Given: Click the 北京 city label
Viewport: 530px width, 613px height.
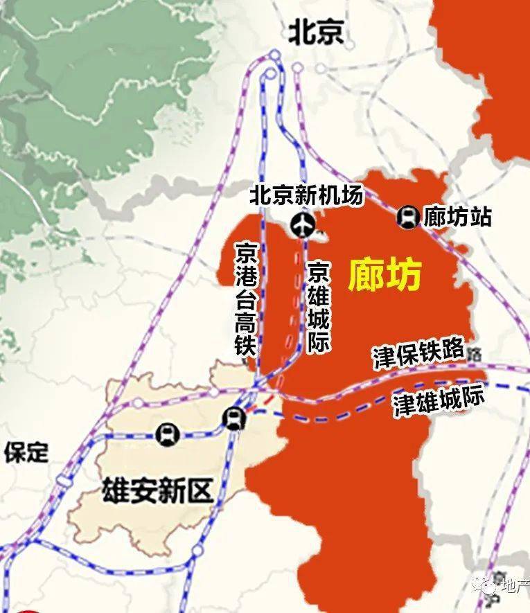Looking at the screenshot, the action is click(316, 32).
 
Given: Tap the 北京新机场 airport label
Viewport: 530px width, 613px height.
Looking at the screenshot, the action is click(306, 196).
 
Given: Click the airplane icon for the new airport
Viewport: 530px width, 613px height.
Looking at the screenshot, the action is click(303, 224).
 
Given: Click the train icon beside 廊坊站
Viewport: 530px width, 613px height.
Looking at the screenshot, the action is click(408, 217).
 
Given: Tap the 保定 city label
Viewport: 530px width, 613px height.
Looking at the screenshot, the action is click(26, 453).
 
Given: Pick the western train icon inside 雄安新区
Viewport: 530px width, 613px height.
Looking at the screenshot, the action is click(168, 435).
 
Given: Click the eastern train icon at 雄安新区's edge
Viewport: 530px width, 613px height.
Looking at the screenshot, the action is click(234, 418).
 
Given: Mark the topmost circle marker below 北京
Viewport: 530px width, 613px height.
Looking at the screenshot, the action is click(275, 54).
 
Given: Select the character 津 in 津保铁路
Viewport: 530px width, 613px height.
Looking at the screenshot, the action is click(383, 359).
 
